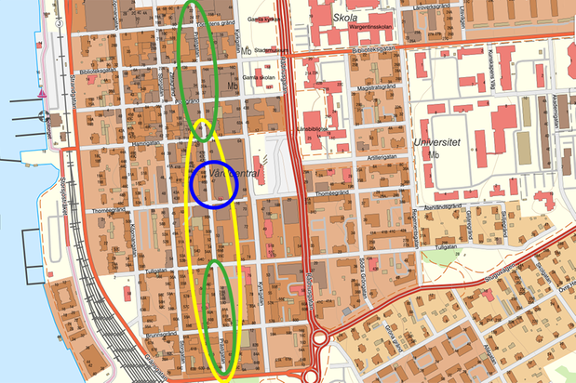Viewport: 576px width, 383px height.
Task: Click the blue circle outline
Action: [215, 184]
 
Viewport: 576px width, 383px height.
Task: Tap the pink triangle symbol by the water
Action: [43, 95]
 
